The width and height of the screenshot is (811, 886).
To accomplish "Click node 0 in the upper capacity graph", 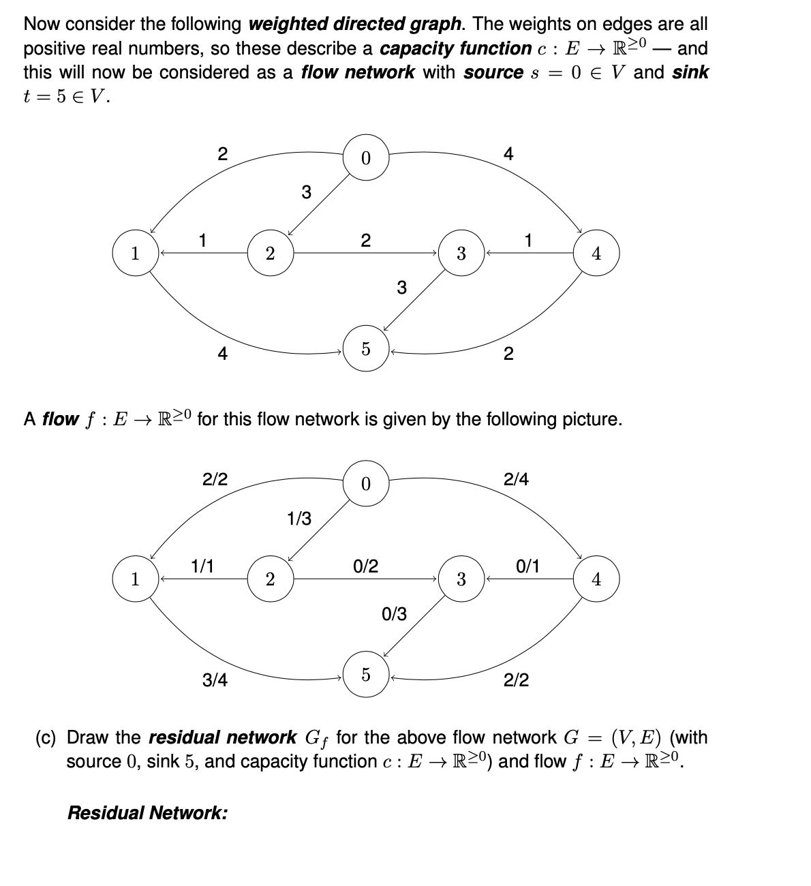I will (x=366, y=158).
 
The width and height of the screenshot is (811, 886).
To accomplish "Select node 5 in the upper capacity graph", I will (x=366, y=350).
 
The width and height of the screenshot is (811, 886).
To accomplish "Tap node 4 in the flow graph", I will (x=596, y=579).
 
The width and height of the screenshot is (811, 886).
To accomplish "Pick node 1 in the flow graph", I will (x=135, y=579).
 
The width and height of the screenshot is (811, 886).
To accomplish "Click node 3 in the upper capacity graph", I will (x=461, y=254).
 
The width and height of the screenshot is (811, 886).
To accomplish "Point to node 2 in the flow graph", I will (x=270, y=579).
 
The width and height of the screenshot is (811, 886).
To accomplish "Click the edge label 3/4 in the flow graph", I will (x=215, y=679).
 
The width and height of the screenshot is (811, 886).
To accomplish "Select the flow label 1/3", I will (x=299, y=519).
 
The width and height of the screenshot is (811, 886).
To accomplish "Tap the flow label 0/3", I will (x=394, y=614).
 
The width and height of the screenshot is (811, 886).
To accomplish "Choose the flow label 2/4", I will (x=516, y=480).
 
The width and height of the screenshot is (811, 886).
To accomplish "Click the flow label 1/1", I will (x=202, y=566).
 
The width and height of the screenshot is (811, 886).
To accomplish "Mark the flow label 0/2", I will (x=366, y=566).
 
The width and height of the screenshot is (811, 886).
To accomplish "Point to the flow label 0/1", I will (x=528, y=566).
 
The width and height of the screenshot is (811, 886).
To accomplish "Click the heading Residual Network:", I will (x=147, y=812).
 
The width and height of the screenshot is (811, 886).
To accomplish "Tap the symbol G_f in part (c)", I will (x=316, y=739).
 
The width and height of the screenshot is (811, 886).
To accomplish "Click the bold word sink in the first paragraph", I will (x=690, y=72).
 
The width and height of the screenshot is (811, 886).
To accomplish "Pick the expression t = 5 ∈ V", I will (x=66, y=96).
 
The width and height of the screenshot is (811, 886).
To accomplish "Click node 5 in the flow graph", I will (x=366, y=675).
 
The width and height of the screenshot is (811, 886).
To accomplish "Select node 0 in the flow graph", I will (x=366, y=484).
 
